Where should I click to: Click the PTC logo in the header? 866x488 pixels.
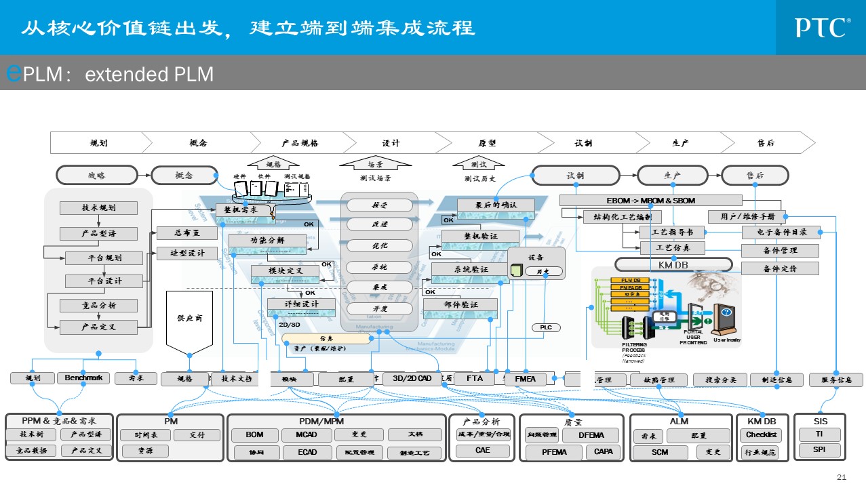[823, 28]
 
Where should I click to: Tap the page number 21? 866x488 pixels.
[842, 477]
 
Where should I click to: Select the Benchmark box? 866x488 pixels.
[83, 378]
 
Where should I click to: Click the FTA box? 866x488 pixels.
[475, 379]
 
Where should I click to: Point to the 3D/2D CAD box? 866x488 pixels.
[412, 379]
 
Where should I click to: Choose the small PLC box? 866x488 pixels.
[546, 327]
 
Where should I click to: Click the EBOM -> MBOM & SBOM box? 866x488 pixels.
[650, 201]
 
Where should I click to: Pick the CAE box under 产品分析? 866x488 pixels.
[482, 451]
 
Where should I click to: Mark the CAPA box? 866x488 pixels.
[603, 451]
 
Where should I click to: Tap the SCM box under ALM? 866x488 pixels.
[659, 452]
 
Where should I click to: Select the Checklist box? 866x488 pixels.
[762, 435]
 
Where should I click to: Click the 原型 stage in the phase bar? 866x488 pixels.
[487, 143]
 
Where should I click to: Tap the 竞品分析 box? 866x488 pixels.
[98, 306]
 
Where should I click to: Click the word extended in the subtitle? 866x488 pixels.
[117, 74]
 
